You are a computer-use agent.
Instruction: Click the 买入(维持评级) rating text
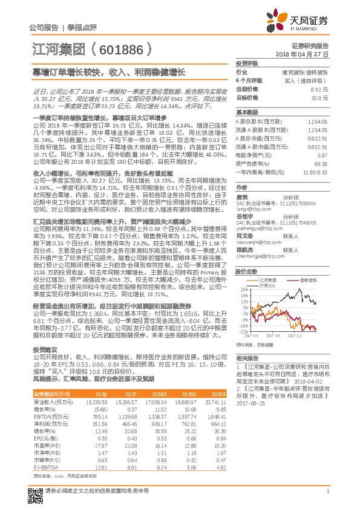click(x=307, y=80)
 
